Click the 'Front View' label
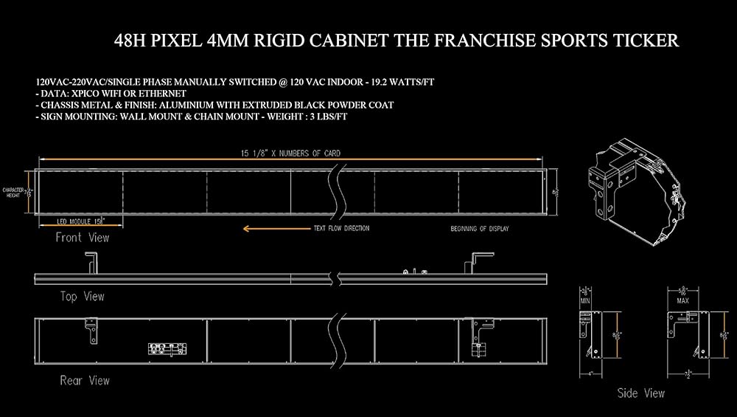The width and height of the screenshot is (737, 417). click(82, 238)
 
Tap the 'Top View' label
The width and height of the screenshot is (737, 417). click(82, 297)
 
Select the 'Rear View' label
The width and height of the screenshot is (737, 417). click(84, 381)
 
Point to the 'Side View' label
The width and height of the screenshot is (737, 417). click(640, 393)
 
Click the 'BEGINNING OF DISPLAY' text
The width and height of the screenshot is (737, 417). click(479, 229)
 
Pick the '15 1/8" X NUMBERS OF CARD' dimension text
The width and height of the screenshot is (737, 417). click(291, 154)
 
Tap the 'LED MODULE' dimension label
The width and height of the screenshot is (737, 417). click(74, 221)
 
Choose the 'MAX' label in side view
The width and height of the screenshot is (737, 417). click(682, 302)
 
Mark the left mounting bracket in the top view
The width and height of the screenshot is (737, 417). click(93, 263)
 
